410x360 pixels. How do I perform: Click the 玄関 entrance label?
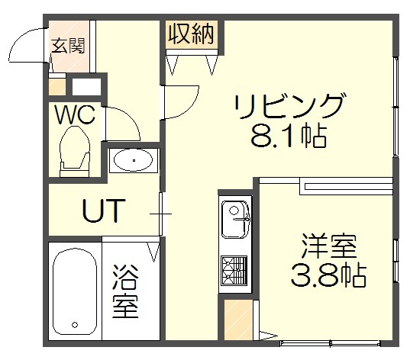pos(68,45)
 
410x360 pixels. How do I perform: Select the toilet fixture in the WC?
pos(75,149)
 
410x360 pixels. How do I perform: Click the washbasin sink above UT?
pos(134,161)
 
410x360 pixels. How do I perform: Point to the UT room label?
pos(103,211)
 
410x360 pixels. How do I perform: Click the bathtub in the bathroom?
pos(74,290)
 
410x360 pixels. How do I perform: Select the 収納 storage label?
pos(191,34)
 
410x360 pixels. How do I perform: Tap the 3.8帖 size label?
pos(328,275)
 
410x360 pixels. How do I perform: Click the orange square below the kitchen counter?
pos(236,320)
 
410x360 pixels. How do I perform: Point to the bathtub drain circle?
pos(76,327)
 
